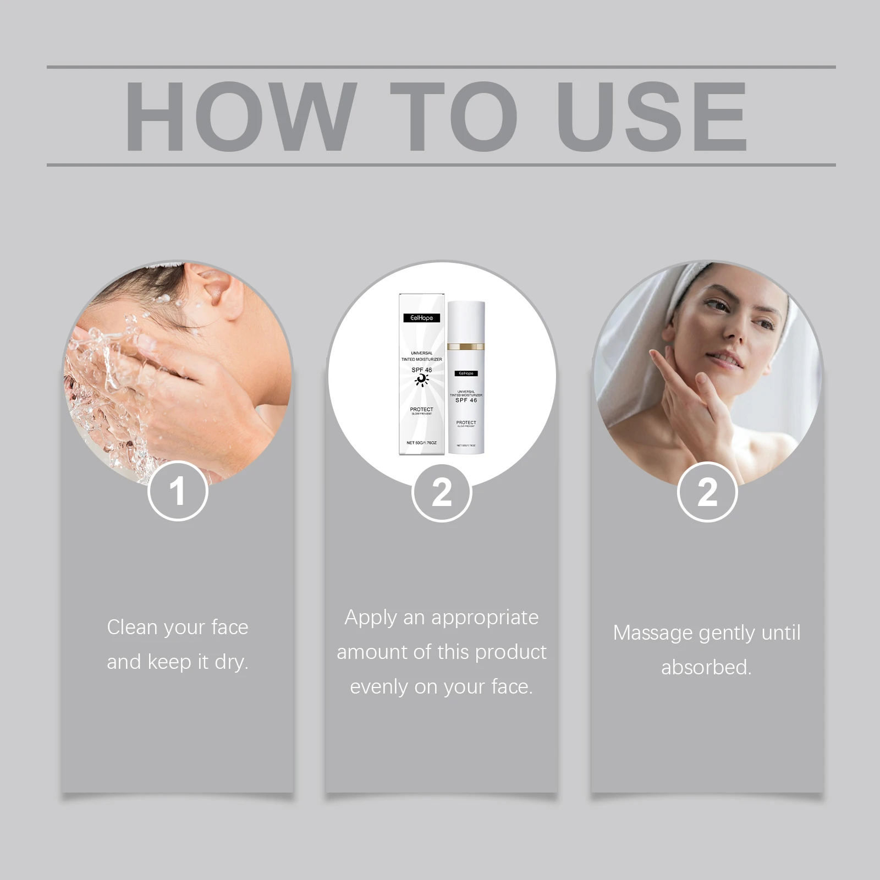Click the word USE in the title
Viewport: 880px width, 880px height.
pyautogui.click(x=652, y=116)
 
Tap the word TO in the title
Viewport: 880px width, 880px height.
pyautogui.click(x=454, y=116)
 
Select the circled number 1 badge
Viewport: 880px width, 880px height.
pyautogui.click(x=178, y=491)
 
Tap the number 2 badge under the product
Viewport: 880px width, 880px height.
pyautogui.click(x=442, y=492)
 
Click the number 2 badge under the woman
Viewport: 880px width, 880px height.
pyautogui.click(x=707, y=492)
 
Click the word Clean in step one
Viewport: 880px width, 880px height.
pyautogui.click(x=132, y=627)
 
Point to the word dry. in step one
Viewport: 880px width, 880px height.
pyautogui.click(x=232, y=662)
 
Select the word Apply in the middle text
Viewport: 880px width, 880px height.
pyautogui.click(x=371, y=618)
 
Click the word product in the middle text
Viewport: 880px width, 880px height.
pyautogui.click(x=511, y=652)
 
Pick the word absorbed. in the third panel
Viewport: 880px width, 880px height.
pyautogui.click(x=706, y=667)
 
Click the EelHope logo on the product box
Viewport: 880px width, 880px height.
pyautogui.click(x=421, y=317)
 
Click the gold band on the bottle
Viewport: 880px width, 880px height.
pyautogui.click(x=466, y=347)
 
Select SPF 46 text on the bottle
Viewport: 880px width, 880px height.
pyautogui.click(x=466, y=400)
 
